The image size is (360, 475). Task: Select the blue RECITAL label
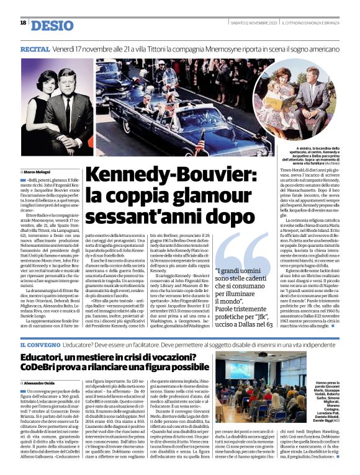coord(35,48)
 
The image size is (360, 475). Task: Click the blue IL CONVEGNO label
coord(40,344)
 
